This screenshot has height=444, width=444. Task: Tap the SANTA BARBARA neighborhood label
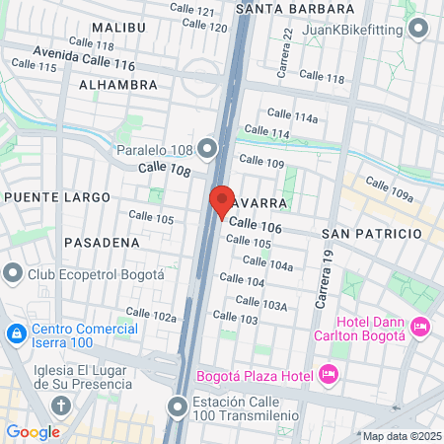coord(289,8)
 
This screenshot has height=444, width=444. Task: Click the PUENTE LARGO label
coord(57,197)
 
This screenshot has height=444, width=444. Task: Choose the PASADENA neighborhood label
coord(101,241)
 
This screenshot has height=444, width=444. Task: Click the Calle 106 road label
coord(255,227)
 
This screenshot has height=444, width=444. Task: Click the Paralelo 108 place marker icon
coord(207,150)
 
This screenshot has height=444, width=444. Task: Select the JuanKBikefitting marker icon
coord(420,30)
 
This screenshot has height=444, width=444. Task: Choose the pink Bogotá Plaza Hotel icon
coord(330,374)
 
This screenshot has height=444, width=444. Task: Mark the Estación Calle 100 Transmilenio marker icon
coord(178,406)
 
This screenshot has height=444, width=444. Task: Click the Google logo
coord(33,431)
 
